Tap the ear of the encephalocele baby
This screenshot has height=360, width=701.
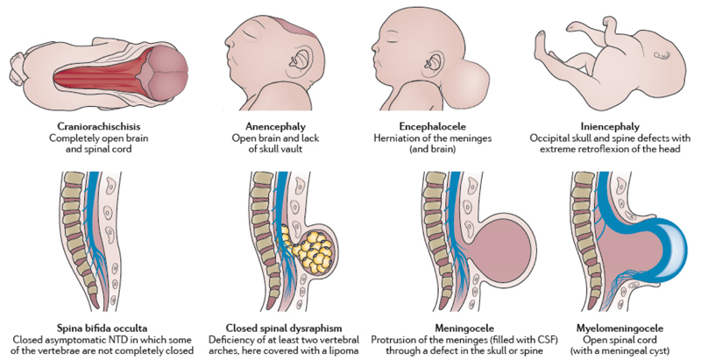click(x=435, y=60)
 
